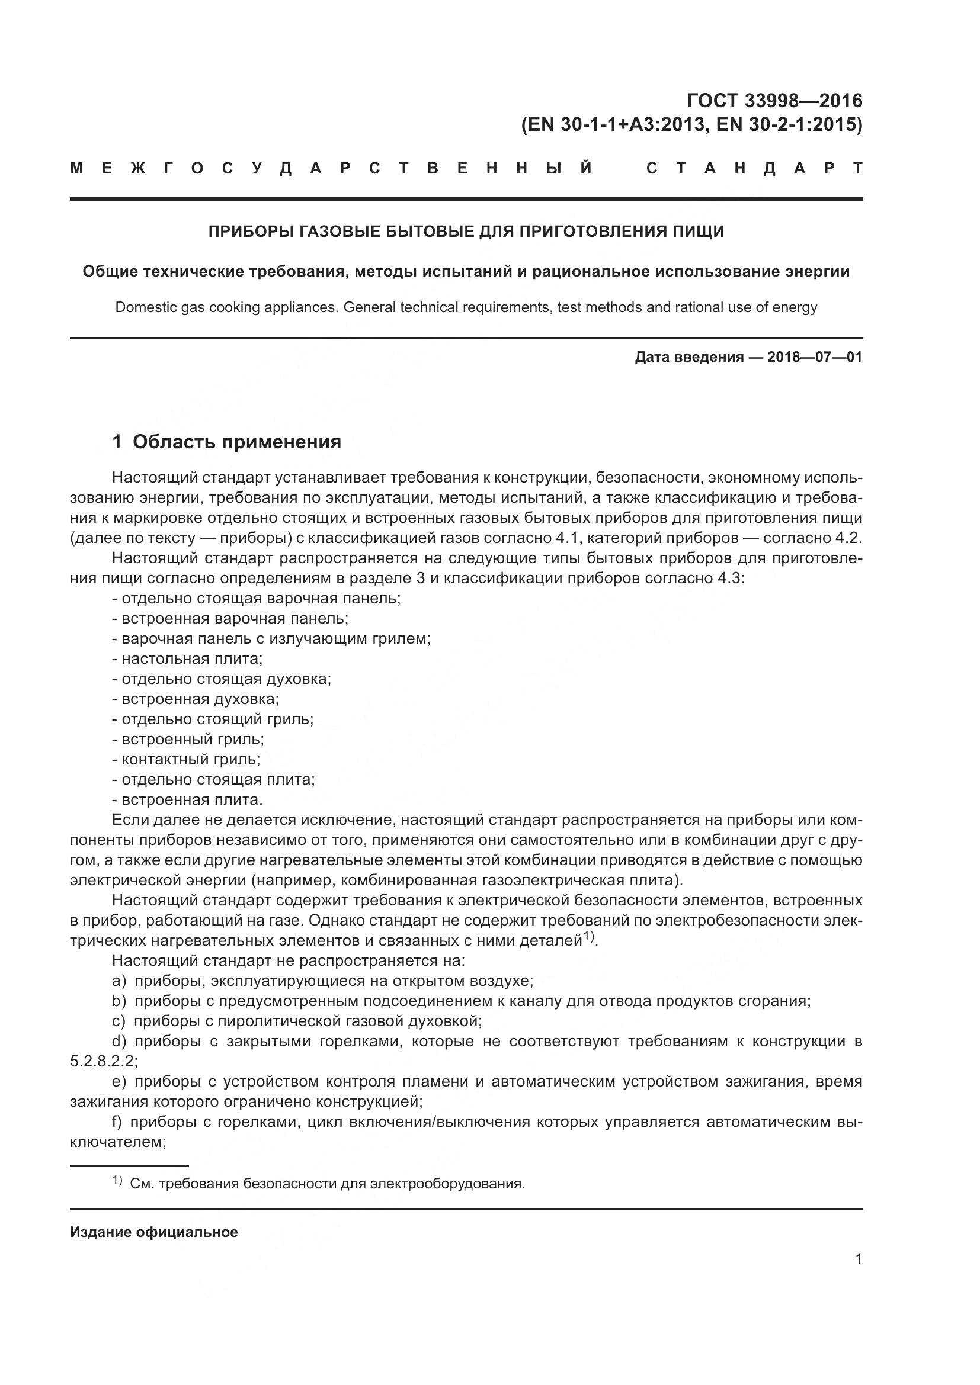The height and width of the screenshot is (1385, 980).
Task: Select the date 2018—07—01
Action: (x=814, y=357)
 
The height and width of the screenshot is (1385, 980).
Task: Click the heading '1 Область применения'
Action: (x=227, y=442)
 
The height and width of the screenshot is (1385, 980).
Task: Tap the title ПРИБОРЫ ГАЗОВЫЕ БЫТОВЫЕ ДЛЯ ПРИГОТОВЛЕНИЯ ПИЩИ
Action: (x=466, y=232)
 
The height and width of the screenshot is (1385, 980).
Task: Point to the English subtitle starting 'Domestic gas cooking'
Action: (x=466, y=307)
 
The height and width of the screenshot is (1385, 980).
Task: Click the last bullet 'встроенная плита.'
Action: (x=192, y=799)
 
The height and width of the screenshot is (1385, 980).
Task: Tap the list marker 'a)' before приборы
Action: (x=119, y=980)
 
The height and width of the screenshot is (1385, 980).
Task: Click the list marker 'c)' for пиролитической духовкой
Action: (x=119, y=1021)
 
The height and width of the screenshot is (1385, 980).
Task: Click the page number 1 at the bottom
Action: (x=858, y=1258)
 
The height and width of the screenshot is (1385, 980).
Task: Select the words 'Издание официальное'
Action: (x=154, y=1232)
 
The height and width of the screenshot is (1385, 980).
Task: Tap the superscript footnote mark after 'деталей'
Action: (x=590, y=937)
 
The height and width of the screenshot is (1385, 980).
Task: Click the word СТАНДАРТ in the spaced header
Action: (x=754, y=168)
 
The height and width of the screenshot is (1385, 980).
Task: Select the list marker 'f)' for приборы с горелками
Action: (x=117, y=1122)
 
